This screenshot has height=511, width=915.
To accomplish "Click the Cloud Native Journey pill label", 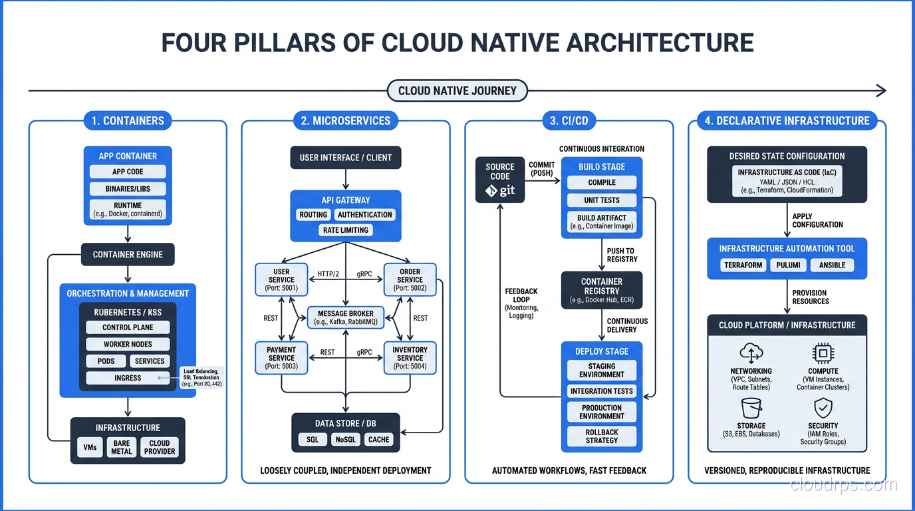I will click(457, 90).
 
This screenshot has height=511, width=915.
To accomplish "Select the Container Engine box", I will click(127, 254).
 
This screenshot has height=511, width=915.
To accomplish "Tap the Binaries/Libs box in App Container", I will click(127, 188).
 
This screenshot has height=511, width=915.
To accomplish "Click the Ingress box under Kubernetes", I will click(127, 378).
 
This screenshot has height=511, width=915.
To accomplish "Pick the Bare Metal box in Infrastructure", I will click(122, 447).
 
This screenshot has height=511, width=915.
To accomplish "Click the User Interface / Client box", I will click(346, 158).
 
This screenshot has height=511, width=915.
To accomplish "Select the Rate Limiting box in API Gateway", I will click(346, 230).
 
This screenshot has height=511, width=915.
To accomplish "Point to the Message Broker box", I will click(346, 317).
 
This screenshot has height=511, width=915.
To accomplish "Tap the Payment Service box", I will click(281, 358).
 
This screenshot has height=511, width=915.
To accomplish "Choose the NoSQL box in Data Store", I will click(346, 439).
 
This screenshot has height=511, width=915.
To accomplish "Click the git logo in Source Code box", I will click(499, 192).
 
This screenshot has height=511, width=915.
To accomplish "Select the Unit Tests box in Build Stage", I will click(602, 200).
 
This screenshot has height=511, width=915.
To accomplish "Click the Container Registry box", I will click(602, 290).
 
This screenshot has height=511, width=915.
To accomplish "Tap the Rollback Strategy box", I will click(602, 436).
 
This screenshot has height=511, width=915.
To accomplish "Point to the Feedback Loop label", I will click(521, 303).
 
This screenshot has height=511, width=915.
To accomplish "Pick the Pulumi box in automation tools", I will click(789, 265).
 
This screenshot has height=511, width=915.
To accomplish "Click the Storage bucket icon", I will click(751, 407).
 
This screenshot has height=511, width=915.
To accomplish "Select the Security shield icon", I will click(823, 407).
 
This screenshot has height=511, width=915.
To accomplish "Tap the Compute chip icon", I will click(823, 353).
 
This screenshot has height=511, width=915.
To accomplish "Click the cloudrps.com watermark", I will click(843, 485).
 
